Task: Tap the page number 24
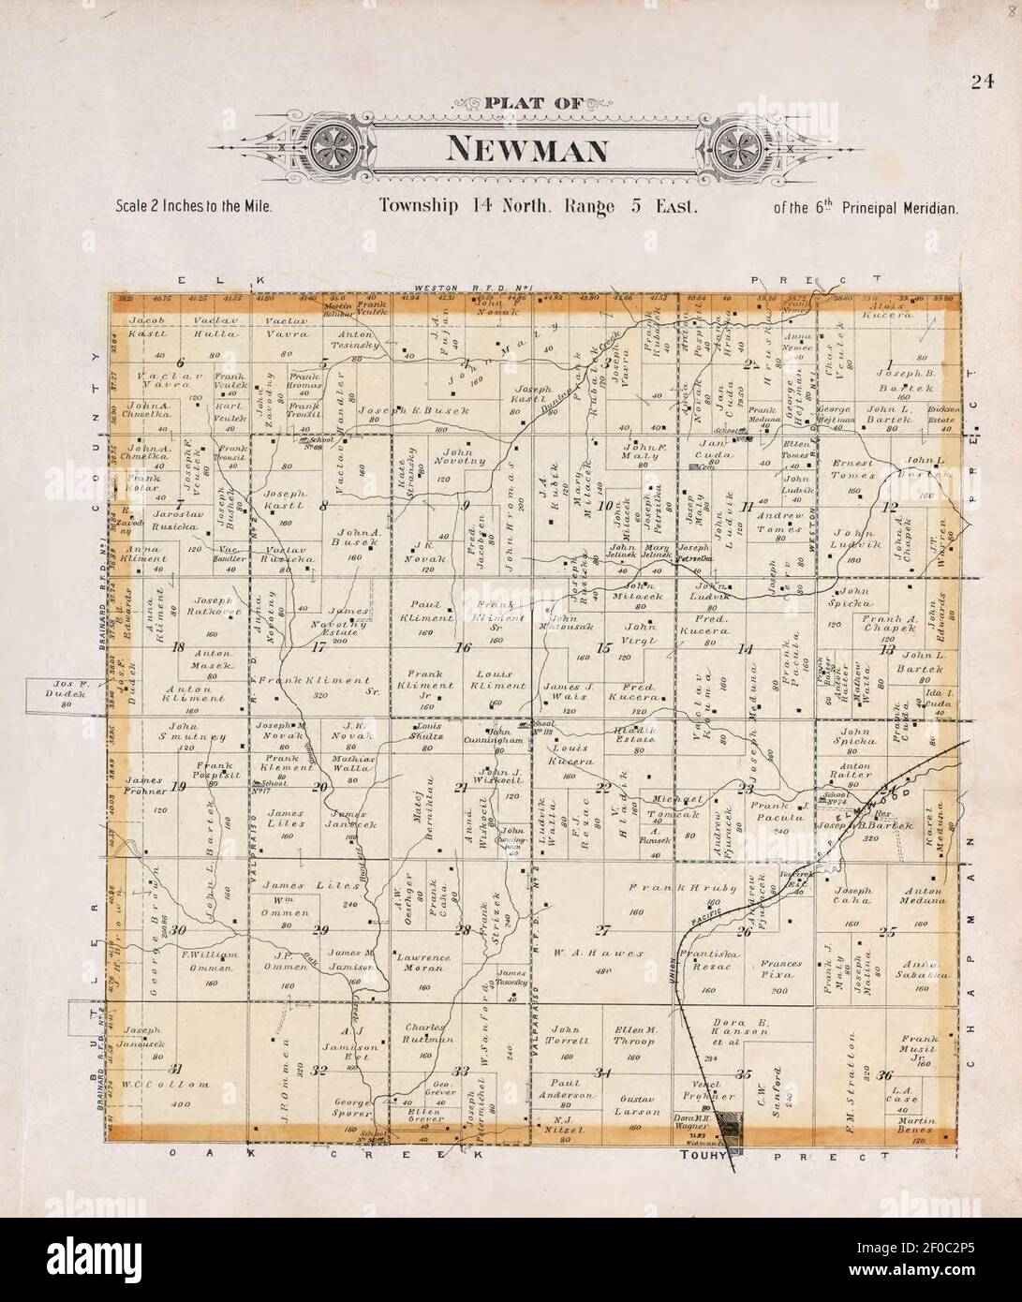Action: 982,81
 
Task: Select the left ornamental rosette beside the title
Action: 333,147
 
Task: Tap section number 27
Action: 602,930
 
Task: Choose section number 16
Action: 462,647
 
